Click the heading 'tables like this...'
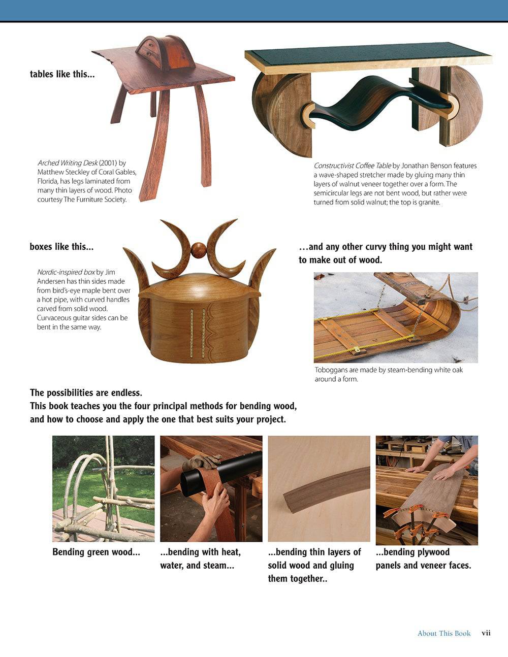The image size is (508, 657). pos(62,74)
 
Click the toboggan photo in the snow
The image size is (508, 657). pos(395,317)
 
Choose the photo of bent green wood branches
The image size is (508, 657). pos(103,488)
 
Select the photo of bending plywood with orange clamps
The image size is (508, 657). pos(426,490)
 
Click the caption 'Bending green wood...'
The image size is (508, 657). pos(96,552)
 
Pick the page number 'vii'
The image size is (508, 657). pos(486,633)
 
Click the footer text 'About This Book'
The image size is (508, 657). pos(443,633)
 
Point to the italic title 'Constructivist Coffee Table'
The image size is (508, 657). pos(352,166)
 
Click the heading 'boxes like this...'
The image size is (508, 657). pos(61,247)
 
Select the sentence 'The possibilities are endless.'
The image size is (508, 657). pos(86,392)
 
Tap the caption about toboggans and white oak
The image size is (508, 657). pos(388,374)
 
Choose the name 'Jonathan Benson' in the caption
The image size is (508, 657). pos(426,166)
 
